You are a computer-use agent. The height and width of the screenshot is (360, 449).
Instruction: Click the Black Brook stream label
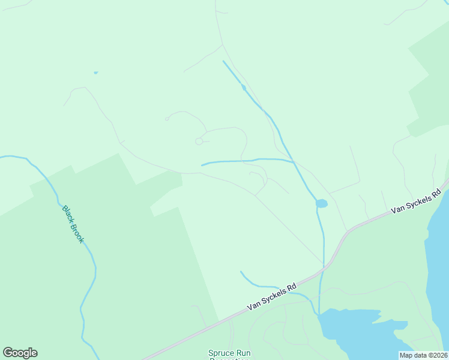click(73, 224)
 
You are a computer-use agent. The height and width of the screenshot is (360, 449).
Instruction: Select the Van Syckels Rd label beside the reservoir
click(415, 202)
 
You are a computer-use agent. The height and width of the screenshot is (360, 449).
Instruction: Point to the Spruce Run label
click(228, 353)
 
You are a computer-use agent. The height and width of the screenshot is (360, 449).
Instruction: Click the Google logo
click(20, 353)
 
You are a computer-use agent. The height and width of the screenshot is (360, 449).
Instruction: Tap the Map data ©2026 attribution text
click(424, 355)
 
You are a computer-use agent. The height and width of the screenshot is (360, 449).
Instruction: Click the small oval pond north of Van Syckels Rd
click(322, 203)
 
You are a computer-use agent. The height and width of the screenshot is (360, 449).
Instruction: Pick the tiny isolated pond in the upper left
click(95, 73)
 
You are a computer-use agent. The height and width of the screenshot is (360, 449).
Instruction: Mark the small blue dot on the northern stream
click(244, 88)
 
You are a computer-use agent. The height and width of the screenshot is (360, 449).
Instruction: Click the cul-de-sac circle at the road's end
click(199, 141)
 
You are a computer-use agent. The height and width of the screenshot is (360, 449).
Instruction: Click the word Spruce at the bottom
click(220, 353)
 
